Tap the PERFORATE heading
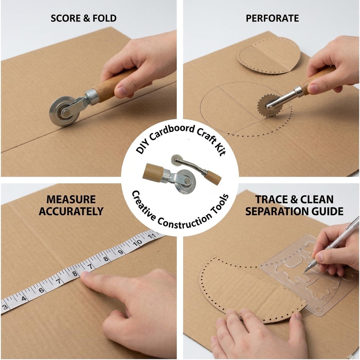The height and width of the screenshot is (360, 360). pyautogui.click(x=272, y=18)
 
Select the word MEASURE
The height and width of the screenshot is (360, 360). pyautogui.click(x=71, y=199)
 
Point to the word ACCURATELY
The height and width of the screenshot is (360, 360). pyautogui.click(x=71, y=211)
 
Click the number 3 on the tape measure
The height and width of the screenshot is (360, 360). pyautogui.click(x=5, y=307)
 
